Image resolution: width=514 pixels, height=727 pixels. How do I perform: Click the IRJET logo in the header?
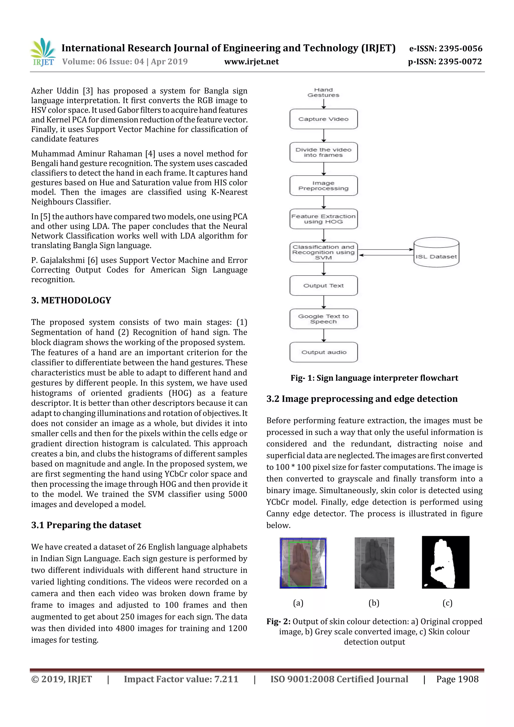click(x=43, y=52)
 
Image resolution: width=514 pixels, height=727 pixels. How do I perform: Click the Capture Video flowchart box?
click(x=323, y=119)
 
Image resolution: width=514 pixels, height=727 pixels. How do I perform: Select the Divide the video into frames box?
click(x=323, y=152)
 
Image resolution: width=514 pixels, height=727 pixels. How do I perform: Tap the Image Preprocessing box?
click(x=323, y=185)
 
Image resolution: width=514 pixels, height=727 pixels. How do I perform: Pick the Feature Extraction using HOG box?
click(x=323, y=219)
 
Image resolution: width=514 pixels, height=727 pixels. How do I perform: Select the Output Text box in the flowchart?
click(x=323, y=286)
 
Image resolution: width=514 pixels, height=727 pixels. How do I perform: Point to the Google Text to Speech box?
click(x=323, y=319)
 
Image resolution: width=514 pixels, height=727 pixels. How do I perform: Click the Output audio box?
click(x=323, y=352)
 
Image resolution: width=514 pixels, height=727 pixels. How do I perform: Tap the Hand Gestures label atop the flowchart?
click(x=323, y=92)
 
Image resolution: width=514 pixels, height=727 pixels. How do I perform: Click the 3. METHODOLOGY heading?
click(x=71, y=300)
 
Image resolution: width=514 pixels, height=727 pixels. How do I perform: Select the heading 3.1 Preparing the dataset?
click(x=86, y=525)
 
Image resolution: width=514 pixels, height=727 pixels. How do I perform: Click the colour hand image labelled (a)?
click(x=303, y=563)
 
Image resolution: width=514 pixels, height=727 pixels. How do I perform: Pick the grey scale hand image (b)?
click(x=374, y=563)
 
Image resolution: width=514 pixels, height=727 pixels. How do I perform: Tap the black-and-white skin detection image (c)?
click(x=445, y=562)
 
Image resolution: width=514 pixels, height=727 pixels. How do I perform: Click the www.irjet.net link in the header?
click(x=251, y=61)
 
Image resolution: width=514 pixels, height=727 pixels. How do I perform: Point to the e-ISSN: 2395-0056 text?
click(x=445, y=48)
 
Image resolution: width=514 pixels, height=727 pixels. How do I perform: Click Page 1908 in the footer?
click(x=457, y=679)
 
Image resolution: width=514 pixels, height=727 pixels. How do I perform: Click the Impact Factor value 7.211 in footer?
click(x=181, y=679)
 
